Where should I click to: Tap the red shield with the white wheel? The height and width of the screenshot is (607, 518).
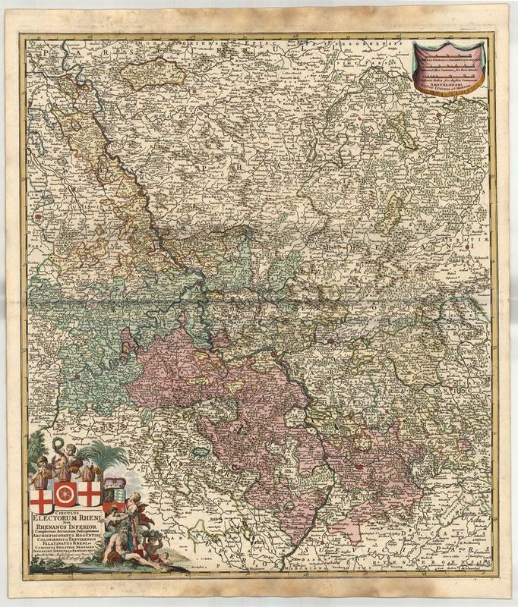[64, 495]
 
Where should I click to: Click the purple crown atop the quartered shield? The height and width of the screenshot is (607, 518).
[112, 481]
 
